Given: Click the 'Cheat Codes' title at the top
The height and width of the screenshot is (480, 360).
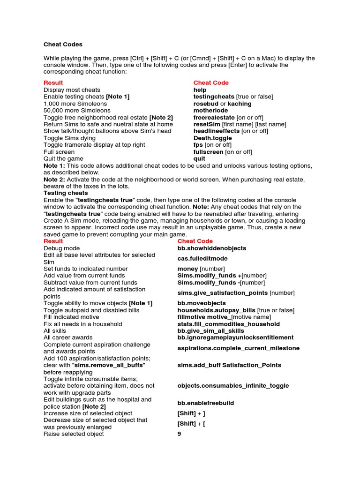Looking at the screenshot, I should (x=63, y=45).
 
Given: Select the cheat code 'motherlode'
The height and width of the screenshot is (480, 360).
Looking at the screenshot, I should (x=210, y=111).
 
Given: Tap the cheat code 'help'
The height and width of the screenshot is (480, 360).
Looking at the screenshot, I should (x=200, y=90).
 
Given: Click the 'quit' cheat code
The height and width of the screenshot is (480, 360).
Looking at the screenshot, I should (x=199, y=159).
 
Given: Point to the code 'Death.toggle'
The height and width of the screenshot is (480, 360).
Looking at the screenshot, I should (x=212, y=138).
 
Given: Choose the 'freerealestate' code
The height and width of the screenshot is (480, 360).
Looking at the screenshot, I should (x=214, y=118).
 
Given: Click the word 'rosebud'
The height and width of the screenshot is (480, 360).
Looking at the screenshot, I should (x=206, y=104).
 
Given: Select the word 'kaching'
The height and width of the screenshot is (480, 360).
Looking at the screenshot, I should (x=240, y=104).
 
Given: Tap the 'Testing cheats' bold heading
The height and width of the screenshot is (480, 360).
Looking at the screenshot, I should (x=66, y=193).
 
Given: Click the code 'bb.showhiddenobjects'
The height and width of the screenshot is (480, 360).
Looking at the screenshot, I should (x=211, y=248).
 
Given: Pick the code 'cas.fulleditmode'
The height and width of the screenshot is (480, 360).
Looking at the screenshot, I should (x=202, y=259).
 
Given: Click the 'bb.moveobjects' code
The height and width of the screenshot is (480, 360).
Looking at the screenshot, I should (x=202, y=304).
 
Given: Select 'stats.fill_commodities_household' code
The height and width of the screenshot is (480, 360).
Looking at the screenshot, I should (x=228, y=324).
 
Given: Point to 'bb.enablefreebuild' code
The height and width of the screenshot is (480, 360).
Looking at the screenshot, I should (x=206, y=403).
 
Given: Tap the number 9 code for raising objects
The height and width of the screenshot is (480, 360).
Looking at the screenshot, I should (x=179, y=434).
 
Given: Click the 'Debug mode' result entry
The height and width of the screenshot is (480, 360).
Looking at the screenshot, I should (x=61, y=248).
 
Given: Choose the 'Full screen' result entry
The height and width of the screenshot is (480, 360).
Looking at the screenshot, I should (x=59, y=152).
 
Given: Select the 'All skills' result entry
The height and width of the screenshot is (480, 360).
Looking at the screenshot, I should (x=55, y=331).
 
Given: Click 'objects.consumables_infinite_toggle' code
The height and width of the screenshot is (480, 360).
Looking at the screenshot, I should (x=233, y=386).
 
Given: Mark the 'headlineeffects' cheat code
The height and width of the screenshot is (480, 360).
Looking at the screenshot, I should (x=216, y=131).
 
